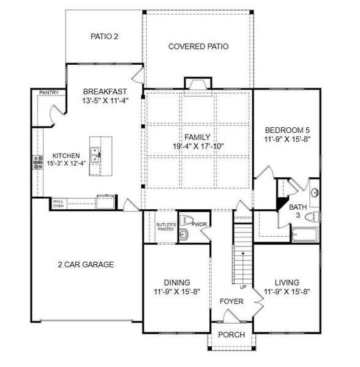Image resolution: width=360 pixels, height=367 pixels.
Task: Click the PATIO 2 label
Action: point(105,37)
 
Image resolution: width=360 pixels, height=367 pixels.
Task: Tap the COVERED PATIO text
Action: point(198,46)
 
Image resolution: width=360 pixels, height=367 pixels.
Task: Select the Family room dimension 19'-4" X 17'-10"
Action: point(198,147)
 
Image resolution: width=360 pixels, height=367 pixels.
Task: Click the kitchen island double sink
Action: point(96,155)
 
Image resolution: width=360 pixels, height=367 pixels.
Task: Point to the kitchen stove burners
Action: point(38,162)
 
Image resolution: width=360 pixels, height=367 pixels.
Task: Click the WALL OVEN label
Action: point(58,204)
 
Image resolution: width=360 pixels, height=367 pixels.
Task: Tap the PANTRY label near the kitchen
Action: point(49,92)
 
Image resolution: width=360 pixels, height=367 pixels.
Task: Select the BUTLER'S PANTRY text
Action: point(166,227)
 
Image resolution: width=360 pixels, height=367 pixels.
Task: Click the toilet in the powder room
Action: point(186,220)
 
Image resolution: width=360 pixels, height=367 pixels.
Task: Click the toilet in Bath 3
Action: point(312,217)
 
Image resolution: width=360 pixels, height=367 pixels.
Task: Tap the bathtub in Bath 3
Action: point(305,234)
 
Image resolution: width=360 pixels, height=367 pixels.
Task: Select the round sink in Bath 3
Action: point(315,193)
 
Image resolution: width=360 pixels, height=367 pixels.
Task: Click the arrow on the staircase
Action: point(243,268)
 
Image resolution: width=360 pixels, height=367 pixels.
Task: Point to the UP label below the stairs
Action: point(243,287)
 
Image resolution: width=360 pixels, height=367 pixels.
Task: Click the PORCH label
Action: point(231,335)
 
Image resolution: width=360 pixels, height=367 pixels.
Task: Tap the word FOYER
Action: point(231,301)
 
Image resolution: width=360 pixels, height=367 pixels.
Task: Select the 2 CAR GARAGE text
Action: point(86,264)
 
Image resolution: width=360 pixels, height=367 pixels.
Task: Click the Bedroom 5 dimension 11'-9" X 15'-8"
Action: point(287,139)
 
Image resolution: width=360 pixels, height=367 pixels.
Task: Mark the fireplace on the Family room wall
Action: point(198,84)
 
